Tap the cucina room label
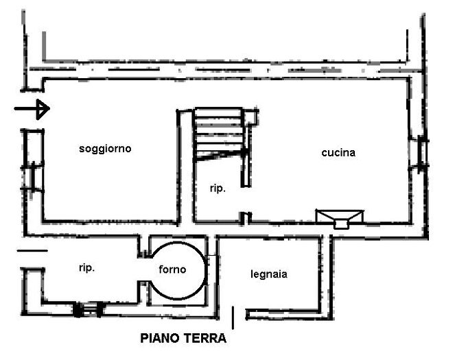click(338, 152)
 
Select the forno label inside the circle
click(172, 269)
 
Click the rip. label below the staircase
click(218, 187)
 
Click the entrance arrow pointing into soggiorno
click(32, 109)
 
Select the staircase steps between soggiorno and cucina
click(218, 134)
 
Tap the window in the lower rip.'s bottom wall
click(88, 310)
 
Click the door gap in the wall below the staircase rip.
click(242, 219)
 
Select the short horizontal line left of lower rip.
click(32, 251)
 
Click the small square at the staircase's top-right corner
click(251, 117)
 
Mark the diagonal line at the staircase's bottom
click(218, 155)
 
